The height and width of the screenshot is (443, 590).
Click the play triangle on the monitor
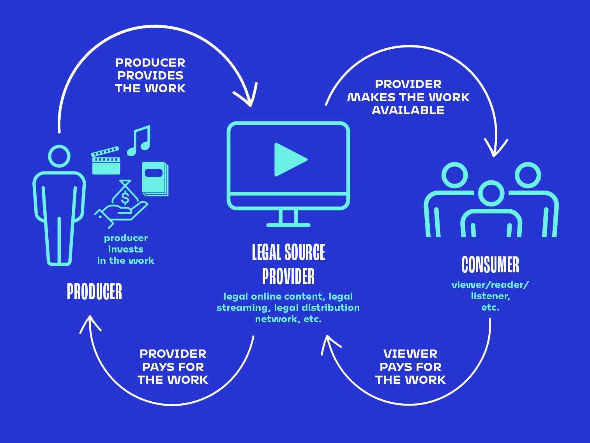(289, 160)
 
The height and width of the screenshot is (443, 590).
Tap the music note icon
(139, 141)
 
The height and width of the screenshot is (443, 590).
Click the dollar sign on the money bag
(125, 197)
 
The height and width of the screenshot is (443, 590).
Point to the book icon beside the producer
(155, 179)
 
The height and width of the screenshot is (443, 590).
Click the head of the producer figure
(59, 156)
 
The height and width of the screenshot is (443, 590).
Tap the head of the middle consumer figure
(491, 193)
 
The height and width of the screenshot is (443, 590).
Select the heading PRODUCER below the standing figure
(94, 291)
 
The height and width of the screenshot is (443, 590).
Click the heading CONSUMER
(490, 265)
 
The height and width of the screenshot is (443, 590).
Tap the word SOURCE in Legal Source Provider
(304, 252)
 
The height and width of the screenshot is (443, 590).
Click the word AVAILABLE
(408, 110)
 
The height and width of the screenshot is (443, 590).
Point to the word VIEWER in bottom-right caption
(410, 354)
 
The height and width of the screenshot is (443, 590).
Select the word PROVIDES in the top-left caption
(150, 76)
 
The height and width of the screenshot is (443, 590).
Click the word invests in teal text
(125, 249)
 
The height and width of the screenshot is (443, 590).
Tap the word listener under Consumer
(490, 296)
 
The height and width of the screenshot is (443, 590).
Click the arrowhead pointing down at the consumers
(496, 148)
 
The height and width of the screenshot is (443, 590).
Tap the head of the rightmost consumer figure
(528, 175)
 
